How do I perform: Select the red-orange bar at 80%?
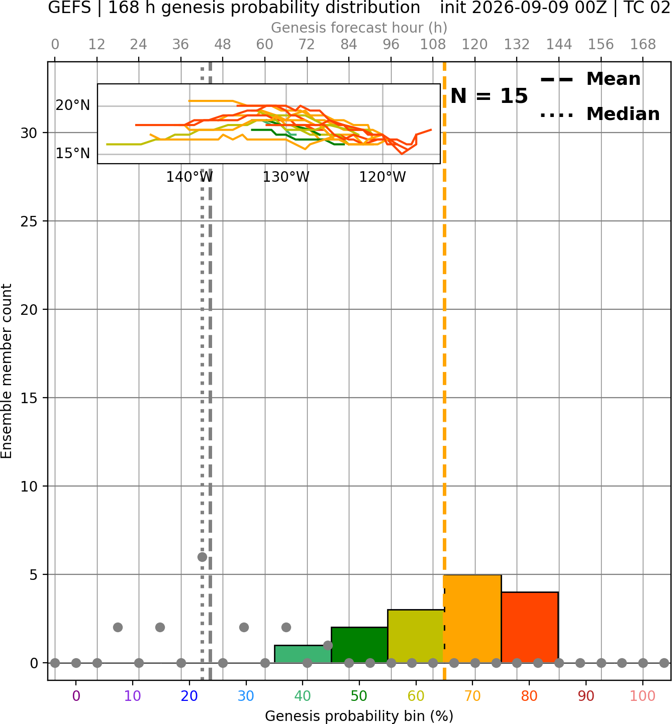click(x=530, y=627)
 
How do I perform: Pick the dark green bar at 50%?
click(x=359, y=645)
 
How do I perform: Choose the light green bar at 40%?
click(x=303, y=654)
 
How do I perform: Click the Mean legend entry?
click(x=590, y=79)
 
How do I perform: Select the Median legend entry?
click(x=600, y=114)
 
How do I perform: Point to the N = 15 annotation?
click(x=489, y=96)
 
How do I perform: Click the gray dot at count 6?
click(x=202, y=557)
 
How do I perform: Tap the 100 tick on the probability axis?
click(x=643, y=696)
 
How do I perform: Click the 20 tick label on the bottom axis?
click(x=189, y=696)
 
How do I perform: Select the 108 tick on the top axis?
click(x=433, y=45)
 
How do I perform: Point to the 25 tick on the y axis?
click(x=29, y=221)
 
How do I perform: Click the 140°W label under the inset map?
click(x=189, y=177)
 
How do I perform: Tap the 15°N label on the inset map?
click(x=73, y=154)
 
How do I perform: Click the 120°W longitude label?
click(x=382, y=177)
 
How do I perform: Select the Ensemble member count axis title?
click(x=7, y=371)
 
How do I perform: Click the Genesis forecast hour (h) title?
click(x=359, y=28)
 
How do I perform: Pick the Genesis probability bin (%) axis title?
click(x=359, y=716)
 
